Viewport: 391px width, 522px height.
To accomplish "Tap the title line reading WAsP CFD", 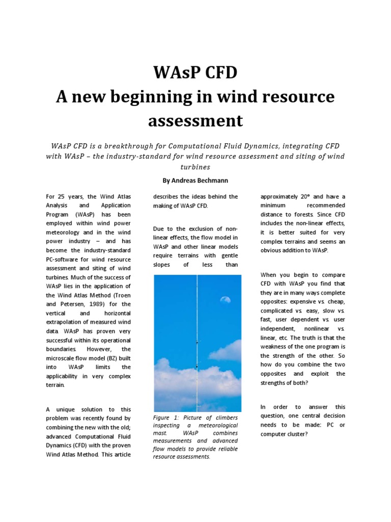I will coord(195,73).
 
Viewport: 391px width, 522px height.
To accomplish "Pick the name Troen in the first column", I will coord(121,294).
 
